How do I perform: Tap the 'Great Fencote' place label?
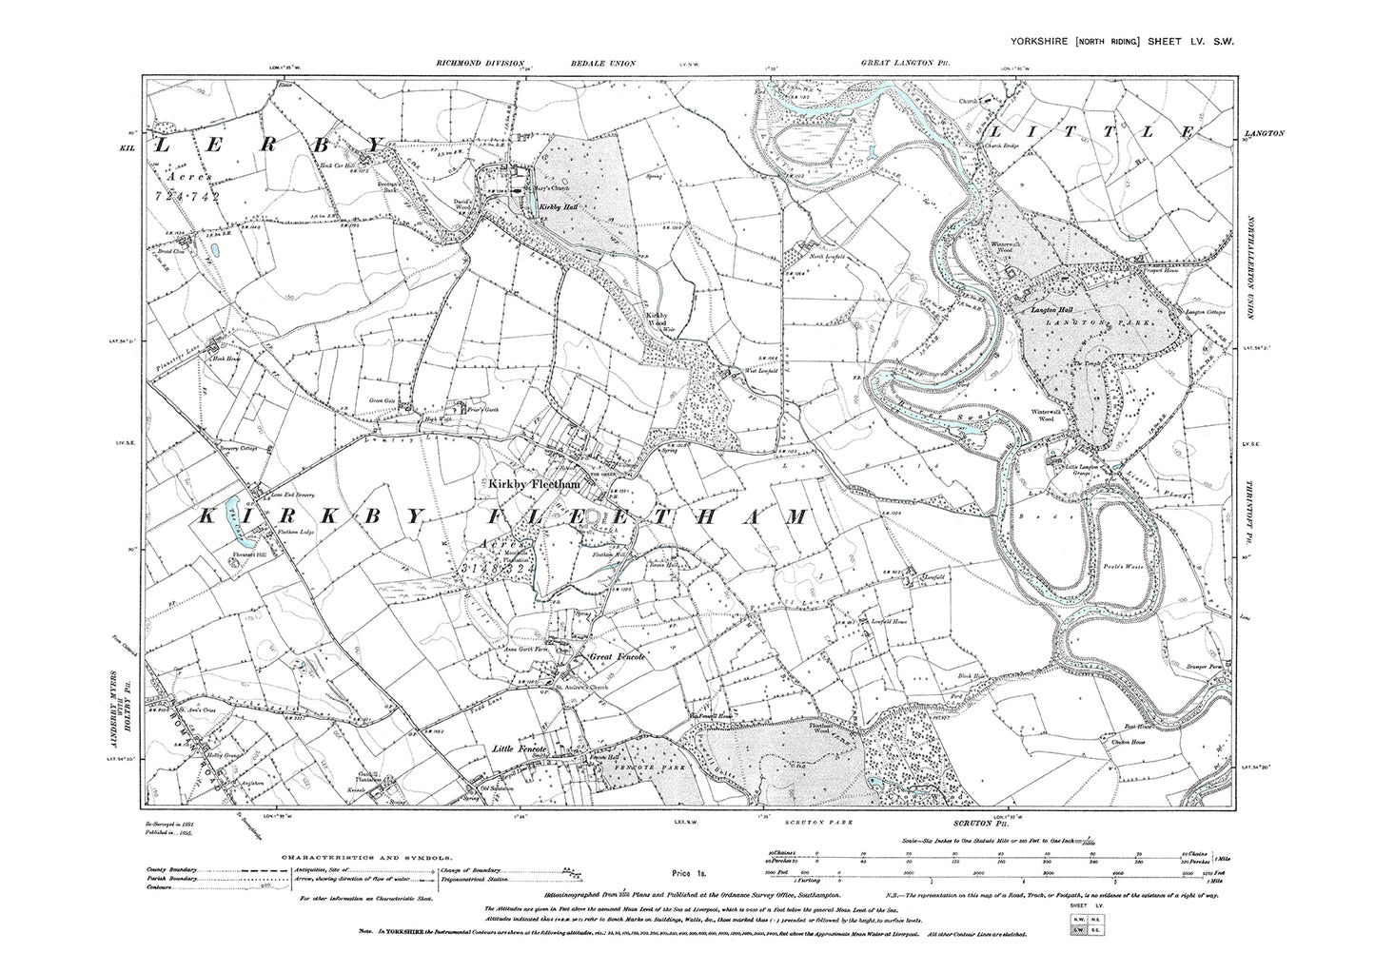coord(618,657)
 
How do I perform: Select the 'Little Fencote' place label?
coord(520,750)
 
